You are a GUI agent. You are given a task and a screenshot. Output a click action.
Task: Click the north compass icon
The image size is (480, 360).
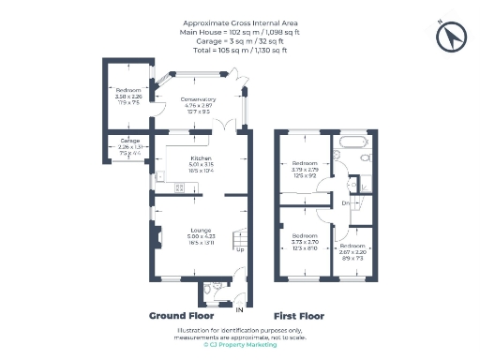tap(452, 36)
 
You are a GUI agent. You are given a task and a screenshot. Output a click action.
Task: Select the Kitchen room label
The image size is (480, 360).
tap(202, 157)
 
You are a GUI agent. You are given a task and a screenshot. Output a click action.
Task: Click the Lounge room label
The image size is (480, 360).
tap(202, 230)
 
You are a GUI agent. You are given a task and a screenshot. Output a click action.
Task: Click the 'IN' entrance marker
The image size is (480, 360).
tap(239, 308)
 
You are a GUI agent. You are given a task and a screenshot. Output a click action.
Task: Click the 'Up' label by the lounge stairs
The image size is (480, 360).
tap(240, 249)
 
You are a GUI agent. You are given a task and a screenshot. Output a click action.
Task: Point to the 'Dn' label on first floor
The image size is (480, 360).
tap(346, 203)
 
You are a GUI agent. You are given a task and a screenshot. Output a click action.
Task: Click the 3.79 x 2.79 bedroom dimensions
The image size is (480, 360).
tap(305, 169)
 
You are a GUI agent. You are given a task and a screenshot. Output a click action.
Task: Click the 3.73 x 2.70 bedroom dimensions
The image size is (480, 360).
tap(305, 241)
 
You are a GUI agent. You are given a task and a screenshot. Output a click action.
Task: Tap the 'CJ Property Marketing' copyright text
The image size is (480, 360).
tap(239, 344)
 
